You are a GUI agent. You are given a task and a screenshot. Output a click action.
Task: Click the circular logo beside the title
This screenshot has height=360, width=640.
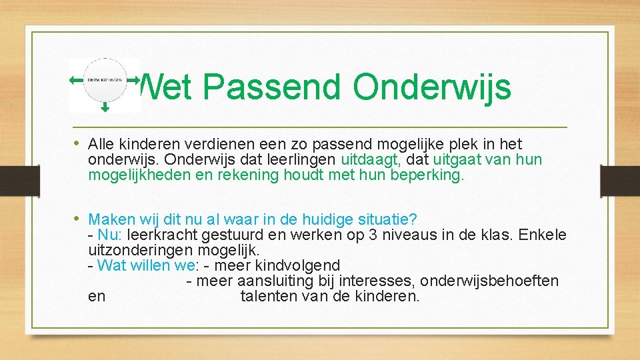(x=105, y=79)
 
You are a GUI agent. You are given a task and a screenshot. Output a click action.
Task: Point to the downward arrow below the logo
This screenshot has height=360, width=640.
(x=105, y=107)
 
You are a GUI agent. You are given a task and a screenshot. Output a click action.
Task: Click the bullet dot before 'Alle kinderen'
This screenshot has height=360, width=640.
(x=79, y=143)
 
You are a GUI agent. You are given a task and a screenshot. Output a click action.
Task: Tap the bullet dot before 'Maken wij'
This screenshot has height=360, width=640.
(x=79, y=219)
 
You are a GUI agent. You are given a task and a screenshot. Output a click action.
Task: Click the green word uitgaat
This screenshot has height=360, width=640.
(x=457, y=160)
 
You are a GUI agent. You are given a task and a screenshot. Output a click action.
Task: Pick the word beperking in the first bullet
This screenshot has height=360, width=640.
(x=433, y=176)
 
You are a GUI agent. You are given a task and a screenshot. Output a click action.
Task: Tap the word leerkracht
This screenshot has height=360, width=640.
(x=158, y=235)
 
